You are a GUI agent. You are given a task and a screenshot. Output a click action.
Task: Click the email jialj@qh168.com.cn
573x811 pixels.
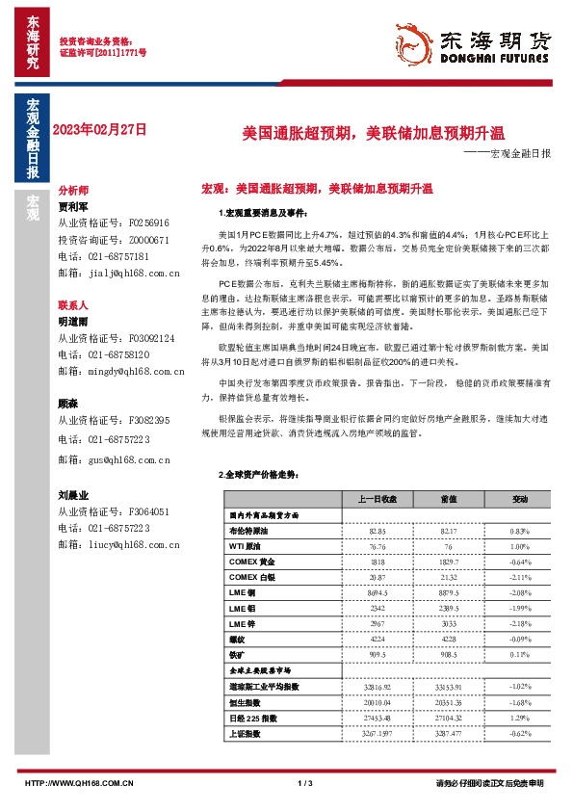coord(118,273)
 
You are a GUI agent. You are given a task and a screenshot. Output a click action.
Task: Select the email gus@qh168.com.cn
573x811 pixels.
coord(114,460)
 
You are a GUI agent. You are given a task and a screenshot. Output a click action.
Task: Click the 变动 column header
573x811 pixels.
coord(520,499)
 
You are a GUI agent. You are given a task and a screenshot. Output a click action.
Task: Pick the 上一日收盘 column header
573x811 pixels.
coord(378,499)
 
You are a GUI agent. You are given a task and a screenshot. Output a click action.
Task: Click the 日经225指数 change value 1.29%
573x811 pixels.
coord(520,718)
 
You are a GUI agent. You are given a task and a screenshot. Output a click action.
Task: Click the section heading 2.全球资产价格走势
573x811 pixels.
coord(260,475)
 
